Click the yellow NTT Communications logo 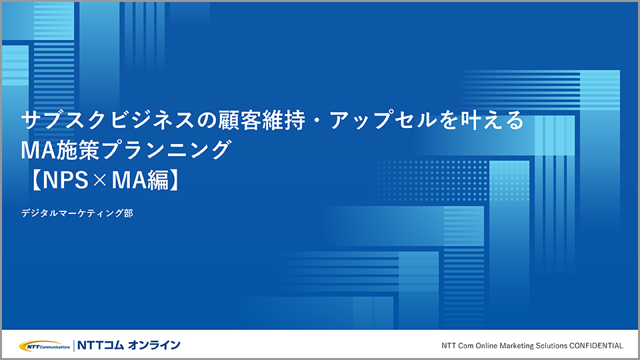(x=45, y=346)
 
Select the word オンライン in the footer (x=154, y=345)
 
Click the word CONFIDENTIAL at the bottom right (x=596, y=346)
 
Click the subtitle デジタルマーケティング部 (x=77, y=213)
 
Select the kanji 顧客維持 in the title (x=262, y=120)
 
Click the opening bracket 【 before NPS (x=35, y=180)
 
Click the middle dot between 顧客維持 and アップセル (x=318, y=121)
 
